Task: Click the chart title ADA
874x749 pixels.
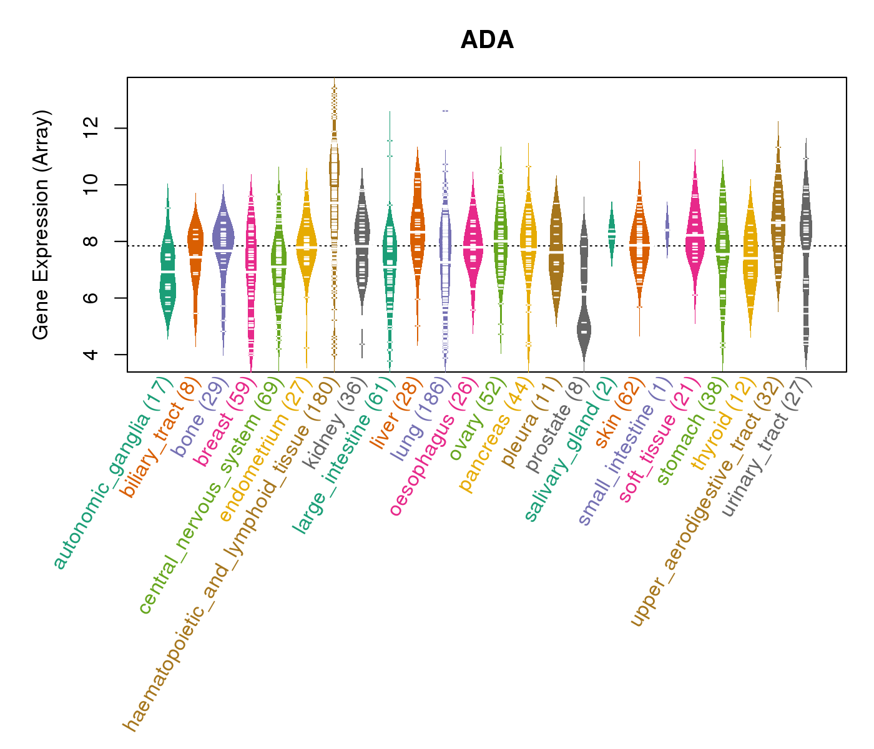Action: (x=487, y=41)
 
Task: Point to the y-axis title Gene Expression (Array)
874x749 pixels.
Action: (x=41, y=225)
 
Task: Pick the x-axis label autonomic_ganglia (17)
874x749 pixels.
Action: (x=112, y=474)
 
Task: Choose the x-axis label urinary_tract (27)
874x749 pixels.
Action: (x=767, y=449)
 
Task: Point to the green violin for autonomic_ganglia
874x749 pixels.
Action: (x=167, y=275)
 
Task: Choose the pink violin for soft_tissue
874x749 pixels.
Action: (x=695, y=237)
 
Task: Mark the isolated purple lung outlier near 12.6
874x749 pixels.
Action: (x=445, y=111)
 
